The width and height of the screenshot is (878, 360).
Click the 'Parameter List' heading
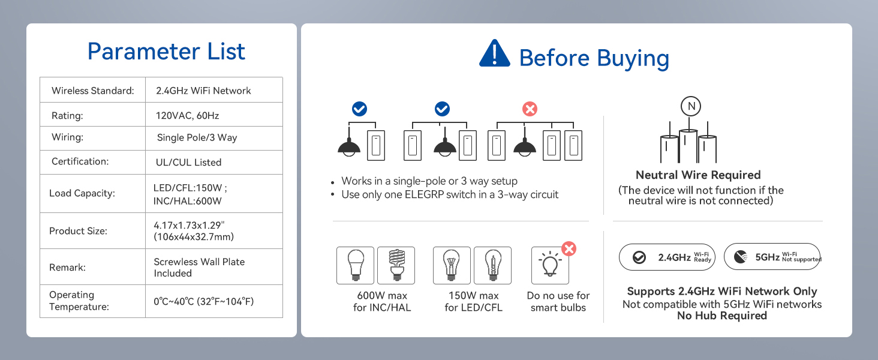(x=166, y=52)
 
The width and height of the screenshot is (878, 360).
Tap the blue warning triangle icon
(x=495, y=53)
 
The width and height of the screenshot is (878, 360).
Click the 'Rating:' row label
(x=67, y=116)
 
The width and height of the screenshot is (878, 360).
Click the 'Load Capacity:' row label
(x=82, y=193)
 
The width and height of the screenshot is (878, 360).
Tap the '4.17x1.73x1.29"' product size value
(x=189, y=225)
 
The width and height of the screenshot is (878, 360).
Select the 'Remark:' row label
(x=67, y=268)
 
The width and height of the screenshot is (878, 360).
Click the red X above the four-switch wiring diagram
(x=530, y=109)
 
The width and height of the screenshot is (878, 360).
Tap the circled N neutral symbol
(x=691, y=106)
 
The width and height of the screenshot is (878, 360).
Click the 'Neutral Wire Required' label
(x=698, y=175)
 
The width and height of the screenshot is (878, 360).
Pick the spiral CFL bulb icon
(x=396, y=265)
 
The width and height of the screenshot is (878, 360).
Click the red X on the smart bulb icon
(x=569, y=248)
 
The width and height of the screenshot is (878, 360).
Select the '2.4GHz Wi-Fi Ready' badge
(x=667, y=257)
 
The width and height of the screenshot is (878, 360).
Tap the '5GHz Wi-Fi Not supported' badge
(x=772, y=257)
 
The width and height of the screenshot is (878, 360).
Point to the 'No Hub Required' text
(x=722, y=316)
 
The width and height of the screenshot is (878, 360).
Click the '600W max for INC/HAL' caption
(x=382, y=302)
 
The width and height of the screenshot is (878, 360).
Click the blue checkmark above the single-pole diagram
(x=359, y=109)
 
